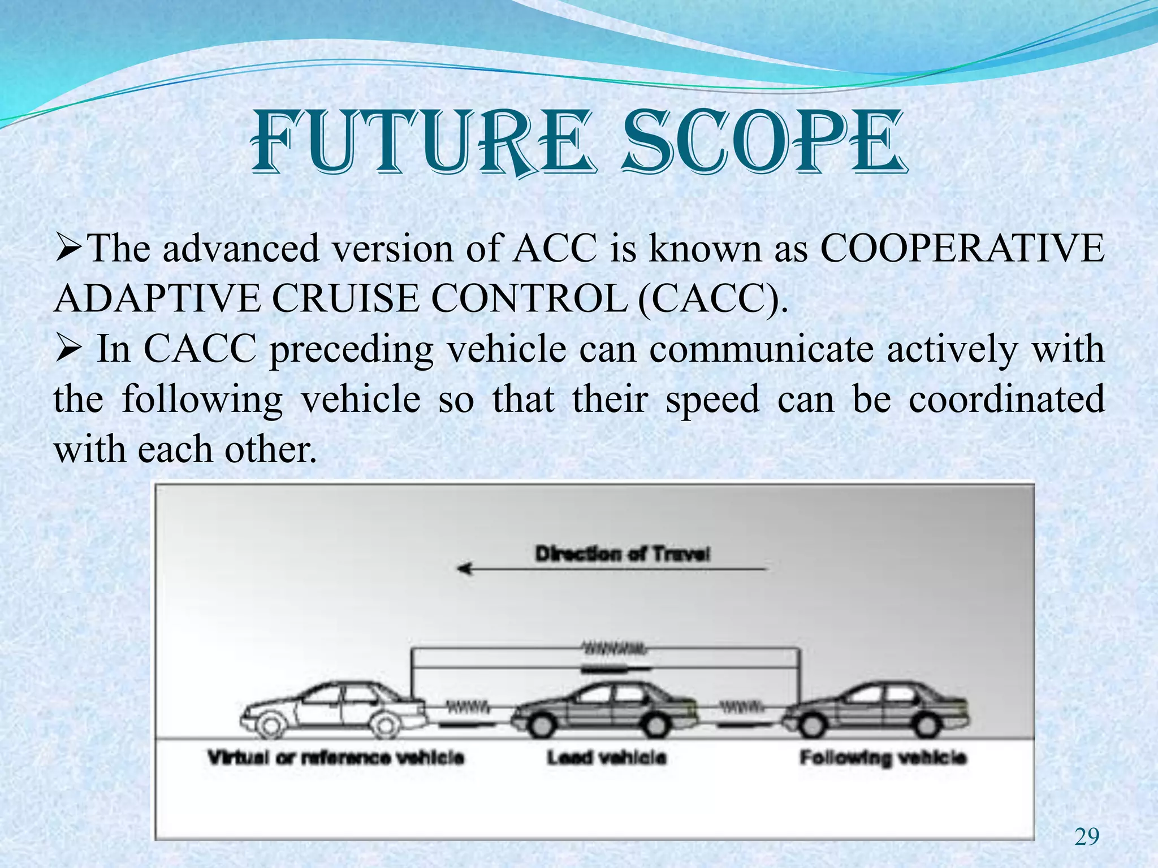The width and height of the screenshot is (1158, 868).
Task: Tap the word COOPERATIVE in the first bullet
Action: [962, 249]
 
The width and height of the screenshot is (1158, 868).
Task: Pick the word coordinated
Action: [1006, 399]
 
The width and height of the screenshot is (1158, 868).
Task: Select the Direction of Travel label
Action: [623, 554]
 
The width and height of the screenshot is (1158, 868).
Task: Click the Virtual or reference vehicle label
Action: [336, 757]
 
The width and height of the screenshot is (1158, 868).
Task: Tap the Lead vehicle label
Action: [607, 757]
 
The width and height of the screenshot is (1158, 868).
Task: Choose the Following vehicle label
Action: [883, 757]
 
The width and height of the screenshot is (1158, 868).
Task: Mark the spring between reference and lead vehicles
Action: [468, 706]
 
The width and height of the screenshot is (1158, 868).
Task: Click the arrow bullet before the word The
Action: [70, 249]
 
